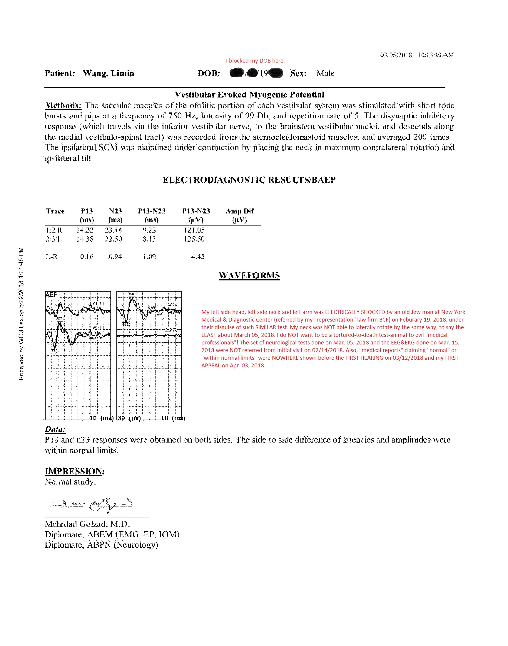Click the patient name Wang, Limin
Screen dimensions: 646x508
(108, 73)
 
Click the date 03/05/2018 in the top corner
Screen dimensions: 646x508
(396, 55)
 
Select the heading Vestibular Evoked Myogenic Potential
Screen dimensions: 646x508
(249, 95)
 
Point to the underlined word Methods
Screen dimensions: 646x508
(63, 105)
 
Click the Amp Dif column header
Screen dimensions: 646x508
(239, 211)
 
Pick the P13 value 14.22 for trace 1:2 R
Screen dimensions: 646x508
(85, 230)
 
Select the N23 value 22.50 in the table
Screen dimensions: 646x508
(113, 239)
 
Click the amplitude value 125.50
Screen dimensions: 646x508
(194, 239)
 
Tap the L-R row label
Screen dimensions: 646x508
(51, 256)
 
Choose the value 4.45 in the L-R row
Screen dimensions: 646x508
(198, 256)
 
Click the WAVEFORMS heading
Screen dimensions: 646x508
(249, 275)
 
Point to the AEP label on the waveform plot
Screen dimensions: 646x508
(51, 295)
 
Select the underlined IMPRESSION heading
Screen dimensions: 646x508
(74, 471)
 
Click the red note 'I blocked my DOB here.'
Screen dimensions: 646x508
(255, 61)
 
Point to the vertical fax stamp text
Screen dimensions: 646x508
(21, 314)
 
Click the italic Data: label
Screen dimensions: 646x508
(55, 430)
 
